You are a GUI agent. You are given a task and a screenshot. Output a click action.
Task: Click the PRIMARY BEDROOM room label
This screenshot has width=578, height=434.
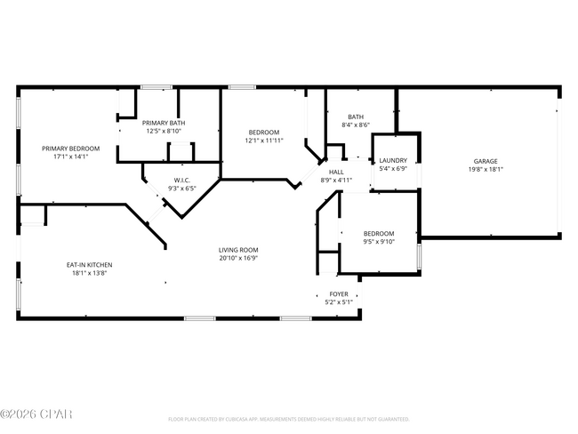[70, 149]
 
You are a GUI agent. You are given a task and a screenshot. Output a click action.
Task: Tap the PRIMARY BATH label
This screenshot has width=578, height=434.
[165, 124]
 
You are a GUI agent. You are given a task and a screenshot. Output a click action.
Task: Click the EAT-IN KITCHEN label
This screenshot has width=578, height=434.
[89, 265]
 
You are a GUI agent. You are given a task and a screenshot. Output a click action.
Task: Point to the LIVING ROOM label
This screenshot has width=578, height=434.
[238, 250]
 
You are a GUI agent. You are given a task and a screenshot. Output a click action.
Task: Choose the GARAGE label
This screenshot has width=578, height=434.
[485, 161]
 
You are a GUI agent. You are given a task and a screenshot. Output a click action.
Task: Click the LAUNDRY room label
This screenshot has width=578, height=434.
[392, 160]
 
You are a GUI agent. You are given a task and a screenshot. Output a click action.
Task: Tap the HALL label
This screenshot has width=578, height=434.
[336, 173]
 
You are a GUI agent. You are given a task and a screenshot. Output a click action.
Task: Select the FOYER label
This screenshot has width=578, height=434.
[339, 293]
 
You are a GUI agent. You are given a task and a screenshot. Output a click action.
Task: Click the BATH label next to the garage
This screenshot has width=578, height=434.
[356, 117]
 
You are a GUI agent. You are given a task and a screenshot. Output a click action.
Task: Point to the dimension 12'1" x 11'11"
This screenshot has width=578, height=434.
[264, 141]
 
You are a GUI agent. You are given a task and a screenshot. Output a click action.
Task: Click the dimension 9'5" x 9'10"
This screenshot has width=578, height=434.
[378, 242]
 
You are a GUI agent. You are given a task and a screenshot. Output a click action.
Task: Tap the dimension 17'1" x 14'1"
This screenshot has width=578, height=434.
[70, 157]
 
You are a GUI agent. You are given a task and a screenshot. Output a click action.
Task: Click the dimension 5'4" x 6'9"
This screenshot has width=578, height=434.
[392, 168]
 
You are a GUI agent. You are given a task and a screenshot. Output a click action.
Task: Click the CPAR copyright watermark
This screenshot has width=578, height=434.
[36, 414]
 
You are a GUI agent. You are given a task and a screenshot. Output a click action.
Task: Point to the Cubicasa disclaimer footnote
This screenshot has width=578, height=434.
[289, 419]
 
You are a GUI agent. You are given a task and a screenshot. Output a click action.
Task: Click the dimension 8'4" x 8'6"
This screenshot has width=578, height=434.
[356, 125]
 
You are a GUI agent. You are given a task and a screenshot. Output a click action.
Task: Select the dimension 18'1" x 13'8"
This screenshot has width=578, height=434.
[89, 273]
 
